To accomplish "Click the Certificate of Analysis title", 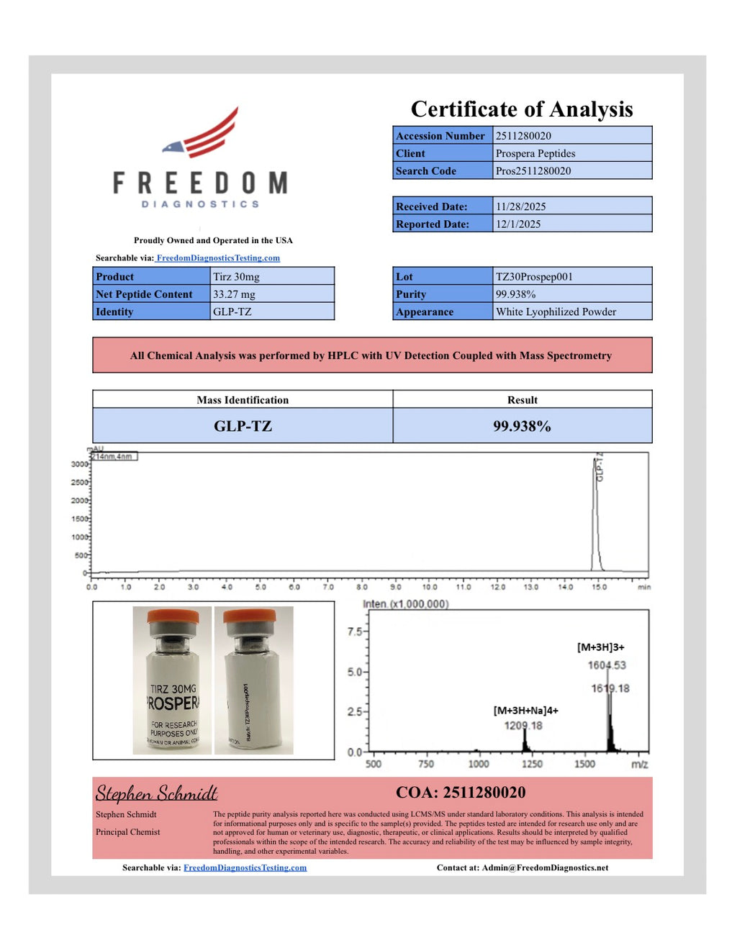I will [x=522, y=109].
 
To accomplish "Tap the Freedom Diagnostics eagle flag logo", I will [x=202, y=135].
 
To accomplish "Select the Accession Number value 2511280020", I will [x=523, y=136].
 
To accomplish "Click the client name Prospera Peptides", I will [x=535, y=153].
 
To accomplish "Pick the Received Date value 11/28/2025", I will [x=520, y=206].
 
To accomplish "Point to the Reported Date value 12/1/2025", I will [x=518, y=224].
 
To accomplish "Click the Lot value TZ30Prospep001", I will [x=534, y=277].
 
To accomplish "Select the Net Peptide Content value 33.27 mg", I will [x=234, y=294].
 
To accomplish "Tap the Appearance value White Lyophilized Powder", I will [x=556, y=312].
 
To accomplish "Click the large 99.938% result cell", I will [x=522, y=426].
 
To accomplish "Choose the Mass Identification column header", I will [x=243, y=400].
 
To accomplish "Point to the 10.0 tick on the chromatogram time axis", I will [x=430, y=587].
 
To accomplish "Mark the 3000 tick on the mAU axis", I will [x=79, y=464].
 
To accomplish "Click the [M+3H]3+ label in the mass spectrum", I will [x=601, y=647].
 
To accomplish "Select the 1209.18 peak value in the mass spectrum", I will [x=523, y=726].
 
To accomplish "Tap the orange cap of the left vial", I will [x=173, y=616].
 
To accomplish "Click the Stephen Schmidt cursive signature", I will [x=157, y=793].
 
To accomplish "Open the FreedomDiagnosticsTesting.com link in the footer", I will [x=245, y=867].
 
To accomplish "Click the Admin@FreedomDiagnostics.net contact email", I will [x=545, y=867].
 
